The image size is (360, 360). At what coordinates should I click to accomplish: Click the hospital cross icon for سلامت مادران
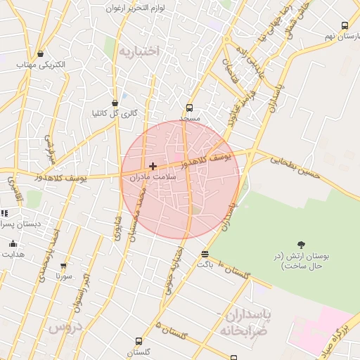[x=153, y=166]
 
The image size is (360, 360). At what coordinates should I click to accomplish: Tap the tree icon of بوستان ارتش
[x=302, y=245]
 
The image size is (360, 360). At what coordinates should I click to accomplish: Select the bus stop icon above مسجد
[x=189, y=108]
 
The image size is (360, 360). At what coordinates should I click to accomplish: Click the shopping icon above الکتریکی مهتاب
[x=40, y=53]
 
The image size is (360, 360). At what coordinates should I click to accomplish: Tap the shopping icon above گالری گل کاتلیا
[x=115, y=103]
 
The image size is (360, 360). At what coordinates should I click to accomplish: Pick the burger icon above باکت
[x=205, y=255]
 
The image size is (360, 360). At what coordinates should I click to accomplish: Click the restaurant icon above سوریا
[x=64, y=266]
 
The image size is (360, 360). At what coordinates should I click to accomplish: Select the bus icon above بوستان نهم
[x=345, y=25]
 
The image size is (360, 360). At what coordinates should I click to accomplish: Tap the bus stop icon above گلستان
[x=138, y=341]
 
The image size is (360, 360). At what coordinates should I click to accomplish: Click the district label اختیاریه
[x=139, y=51]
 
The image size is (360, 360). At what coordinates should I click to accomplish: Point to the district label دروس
[x=65, y=327]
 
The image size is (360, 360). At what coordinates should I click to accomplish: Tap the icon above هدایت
[x=13, y=243]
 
